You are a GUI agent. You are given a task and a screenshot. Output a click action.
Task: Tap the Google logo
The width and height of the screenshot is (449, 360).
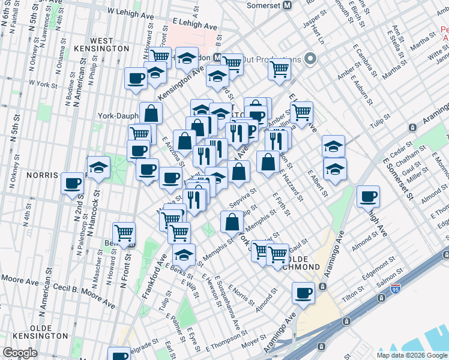coord(19,353)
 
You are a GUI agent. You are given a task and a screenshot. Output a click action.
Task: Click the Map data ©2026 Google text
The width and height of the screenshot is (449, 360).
coord(412,355)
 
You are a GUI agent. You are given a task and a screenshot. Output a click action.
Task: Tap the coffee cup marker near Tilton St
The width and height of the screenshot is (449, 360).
coord(304,293)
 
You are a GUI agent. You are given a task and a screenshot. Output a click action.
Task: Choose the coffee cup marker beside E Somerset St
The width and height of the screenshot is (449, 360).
coord(367,195)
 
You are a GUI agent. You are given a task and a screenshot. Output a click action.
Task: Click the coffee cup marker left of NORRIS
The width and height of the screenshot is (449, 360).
coord(73,183)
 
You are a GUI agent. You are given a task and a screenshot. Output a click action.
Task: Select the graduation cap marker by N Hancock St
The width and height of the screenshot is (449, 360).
coord(98,168)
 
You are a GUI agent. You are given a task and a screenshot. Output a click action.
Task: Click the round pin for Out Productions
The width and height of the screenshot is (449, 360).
coord(310,59)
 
